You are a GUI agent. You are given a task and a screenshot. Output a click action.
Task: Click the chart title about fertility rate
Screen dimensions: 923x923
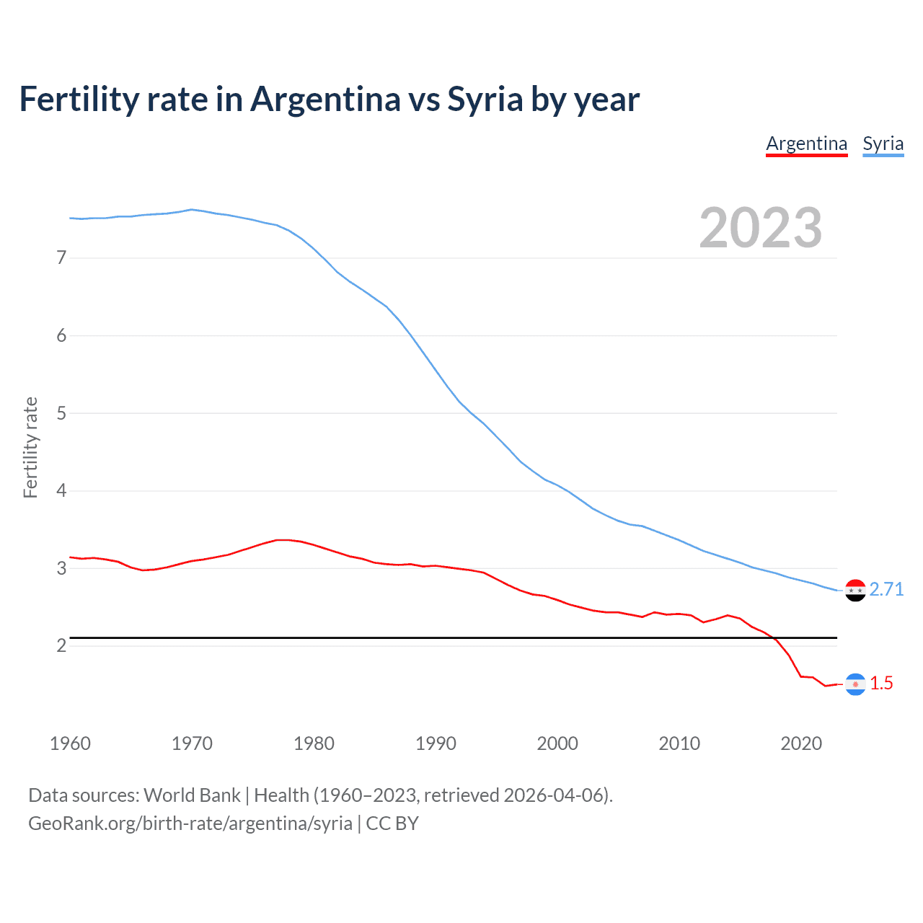(x=329, y=100)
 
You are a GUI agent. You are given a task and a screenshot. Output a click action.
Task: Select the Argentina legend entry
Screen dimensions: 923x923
(x=806, y=143)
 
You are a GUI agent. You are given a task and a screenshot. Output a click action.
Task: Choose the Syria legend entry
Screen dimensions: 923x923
(x=883, y=143)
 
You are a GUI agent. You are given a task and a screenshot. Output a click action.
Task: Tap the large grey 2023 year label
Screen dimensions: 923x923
(x=760, y=228)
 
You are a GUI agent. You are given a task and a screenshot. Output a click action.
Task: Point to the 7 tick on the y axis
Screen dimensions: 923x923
(x=61, y=257)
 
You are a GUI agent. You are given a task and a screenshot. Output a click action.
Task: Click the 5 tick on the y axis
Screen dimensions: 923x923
(x=61, y=413)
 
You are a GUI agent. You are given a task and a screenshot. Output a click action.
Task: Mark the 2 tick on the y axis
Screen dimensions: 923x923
(x=61, y=645)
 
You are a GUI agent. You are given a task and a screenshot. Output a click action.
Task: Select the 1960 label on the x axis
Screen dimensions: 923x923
(x=70, y=743)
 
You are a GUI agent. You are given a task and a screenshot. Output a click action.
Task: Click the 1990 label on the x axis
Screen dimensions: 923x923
(x=436, y=743)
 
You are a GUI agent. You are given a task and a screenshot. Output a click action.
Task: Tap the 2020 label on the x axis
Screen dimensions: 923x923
(x=801, y=743)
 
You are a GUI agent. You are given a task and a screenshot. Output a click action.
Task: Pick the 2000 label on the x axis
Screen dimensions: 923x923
(x=557, y=743)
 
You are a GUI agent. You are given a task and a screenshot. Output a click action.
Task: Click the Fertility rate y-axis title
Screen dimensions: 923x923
(x=30, y=447)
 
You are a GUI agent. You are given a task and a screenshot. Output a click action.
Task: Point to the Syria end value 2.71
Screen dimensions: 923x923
(x=886, y=590)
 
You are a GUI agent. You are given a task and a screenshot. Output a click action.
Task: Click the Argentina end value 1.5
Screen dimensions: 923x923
(x=881, y=684)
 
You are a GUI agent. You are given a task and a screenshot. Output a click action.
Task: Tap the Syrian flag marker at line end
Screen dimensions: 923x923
(x=855, y=591)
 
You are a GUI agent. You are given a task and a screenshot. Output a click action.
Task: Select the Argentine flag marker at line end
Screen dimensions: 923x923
(x=855, y=684)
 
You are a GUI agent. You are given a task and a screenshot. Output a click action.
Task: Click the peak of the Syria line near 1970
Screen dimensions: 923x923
(x=191, y=210)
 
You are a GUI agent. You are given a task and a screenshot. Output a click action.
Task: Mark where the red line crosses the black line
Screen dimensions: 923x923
(x=774, y=638)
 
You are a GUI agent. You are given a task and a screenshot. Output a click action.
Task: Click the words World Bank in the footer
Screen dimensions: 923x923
(x=192, y=795)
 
